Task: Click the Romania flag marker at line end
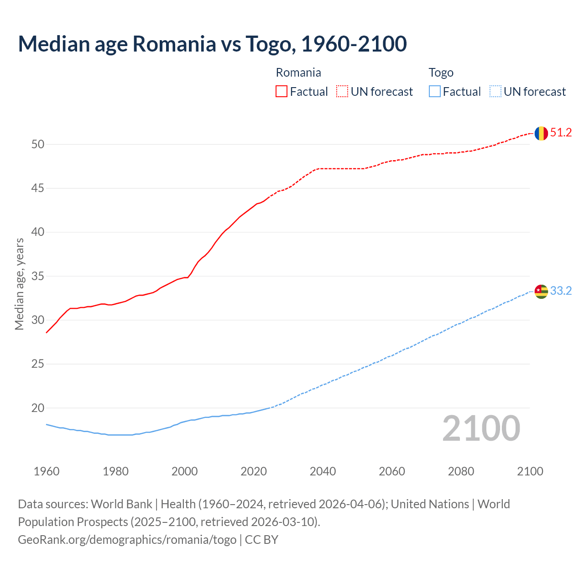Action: [541, 133]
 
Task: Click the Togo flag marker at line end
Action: [541, 291]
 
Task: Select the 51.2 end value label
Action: [561, 133]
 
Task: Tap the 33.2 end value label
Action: [561, 291]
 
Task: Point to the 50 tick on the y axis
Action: [38, 145]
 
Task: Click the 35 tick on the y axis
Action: [38, 276]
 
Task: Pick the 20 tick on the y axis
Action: [38, 408]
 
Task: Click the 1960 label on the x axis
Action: [47, 471]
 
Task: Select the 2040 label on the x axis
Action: [323, 471]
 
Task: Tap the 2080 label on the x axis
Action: [461, 471]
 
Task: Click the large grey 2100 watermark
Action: [481, 428]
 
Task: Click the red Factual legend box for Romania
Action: [282, 91]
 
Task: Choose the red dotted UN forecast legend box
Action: [342, 91]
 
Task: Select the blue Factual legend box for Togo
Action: [435, 91]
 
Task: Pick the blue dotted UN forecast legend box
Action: [495, 91]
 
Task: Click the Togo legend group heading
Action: [441, 73]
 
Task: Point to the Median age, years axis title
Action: [19, 284]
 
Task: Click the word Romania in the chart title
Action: [174, 44]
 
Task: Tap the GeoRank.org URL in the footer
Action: [127, 540]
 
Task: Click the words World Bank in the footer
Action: [121, 504]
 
